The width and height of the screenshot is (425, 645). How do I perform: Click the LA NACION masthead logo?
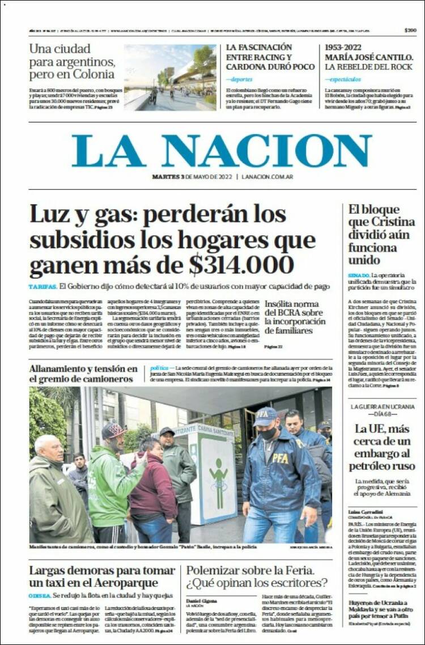tap(222, 151)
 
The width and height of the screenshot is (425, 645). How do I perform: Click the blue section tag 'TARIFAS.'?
tap(42, 287)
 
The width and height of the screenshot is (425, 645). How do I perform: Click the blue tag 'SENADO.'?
tap(358, 275)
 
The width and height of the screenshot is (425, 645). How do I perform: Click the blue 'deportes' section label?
tap(240, 79)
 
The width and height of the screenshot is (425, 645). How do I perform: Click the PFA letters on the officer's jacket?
tap(280, 458)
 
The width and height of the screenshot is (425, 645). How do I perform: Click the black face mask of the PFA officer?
tap(267, 433)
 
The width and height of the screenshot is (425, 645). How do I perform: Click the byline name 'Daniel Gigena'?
tap(201, 600)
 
